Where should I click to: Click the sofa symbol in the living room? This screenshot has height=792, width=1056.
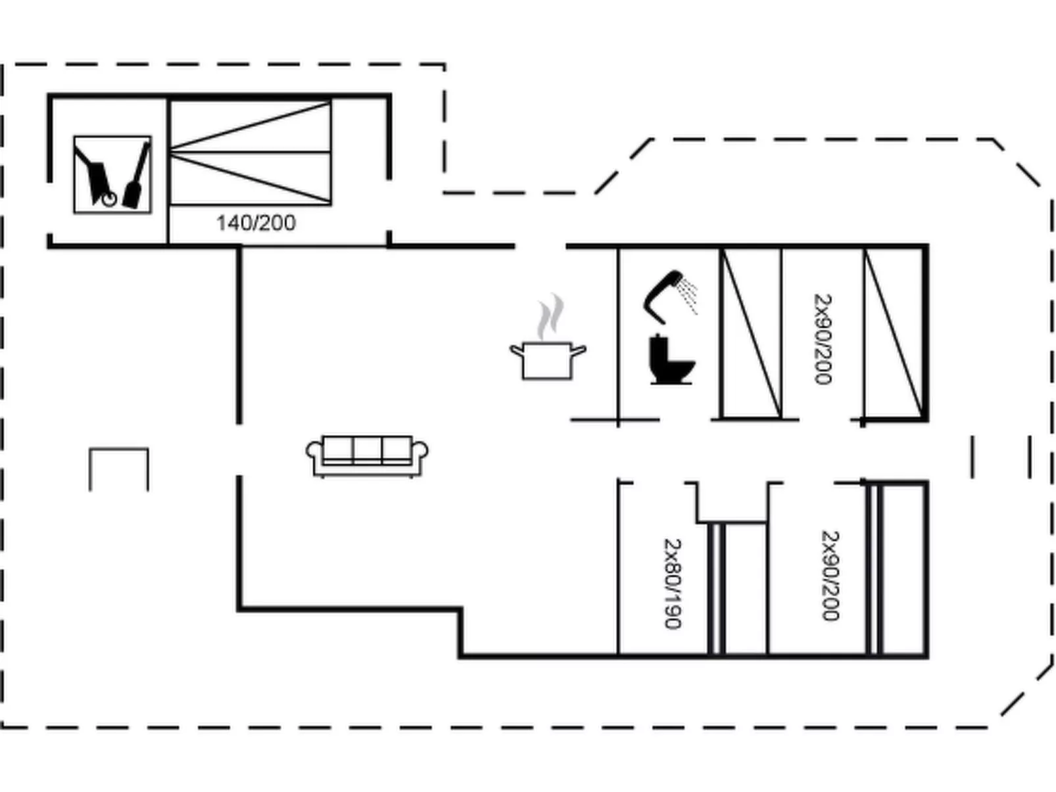pos(367,455)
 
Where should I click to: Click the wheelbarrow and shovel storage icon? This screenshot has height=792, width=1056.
pos(112,175)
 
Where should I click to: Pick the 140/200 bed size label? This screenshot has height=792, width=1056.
pos(256,223)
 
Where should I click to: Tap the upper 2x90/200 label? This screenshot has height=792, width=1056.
pos(823,338)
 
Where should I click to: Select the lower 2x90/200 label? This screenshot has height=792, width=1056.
pos(830,575)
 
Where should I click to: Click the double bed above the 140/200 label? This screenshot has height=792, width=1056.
pos(251,152)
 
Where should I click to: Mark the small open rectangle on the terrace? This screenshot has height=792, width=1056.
pos(119,469)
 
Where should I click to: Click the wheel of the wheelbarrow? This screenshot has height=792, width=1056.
pos(109,198)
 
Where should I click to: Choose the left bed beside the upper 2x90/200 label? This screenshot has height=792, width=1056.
pos(751,334)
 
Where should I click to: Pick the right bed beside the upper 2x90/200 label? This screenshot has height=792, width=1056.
pos(894,334)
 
